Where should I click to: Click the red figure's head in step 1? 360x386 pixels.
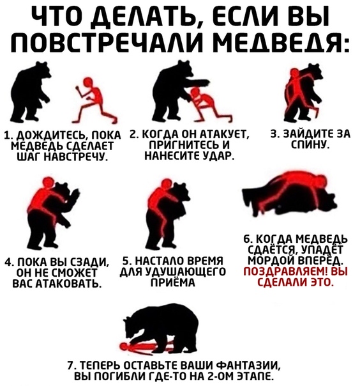pyautogui.click(x=87, y=82)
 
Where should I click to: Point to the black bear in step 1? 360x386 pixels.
pyautogui.click(x=29, y=93)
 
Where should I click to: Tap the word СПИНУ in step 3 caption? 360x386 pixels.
pyautogui.click(x=310, y=144)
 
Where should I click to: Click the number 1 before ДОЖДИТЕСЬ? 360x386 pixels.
pyautogui.click(x=8, y=135)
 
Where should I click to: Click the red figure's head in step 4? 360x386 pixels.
pyautogui.click(x=47, y=183)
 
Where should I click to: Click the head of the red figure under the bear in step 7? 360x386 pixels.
pyautogui.click(x=124, y=346)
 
